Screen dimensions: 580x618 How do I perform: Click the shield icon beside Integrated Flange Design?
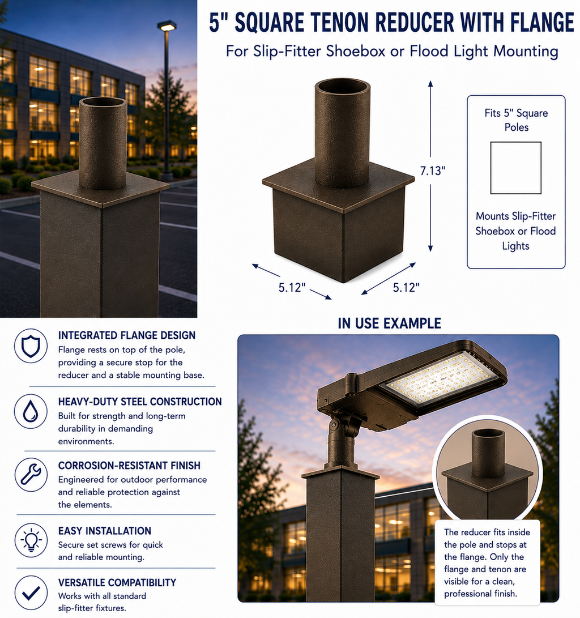(31, 346)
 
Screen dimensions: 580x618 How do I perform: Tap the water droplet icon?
(31, 411)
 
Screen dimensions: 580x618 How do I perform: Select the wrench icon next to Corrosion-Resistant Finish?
(31, 475)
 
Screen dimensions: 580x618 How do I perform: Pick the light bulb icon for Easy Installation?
(31, 540)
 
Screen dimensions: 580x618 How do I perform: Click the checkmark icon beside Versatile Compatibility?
(31, 593)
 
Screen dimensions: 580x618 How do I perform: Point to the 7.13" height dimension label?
(433, 171)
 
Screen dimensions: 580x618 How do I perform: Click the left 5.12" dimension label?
(292, 288)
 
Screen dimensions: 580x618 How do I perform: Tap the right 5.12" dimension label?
(406, 288)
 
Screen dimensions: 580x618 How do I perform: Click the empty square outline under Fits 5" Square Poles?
(516, 168)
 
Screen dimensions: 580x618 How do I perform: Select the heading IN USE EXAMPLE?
(389, 323)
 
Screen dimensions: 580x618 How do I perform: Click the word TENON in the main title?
(341, 23)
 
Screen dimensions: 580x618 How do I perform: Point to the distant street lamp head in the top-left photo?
(167, 26)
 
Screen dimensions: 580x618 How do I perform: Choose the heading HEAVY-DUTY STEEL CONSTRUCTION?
(140, 402)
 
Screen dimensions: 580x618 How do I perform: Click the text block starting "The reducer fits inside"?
(487, 562)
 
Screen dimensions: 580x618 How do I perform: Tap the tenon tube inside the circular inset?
(488, 453)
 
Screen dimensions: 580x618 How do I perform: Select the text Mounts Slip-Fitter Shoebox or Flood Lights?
(516, 231)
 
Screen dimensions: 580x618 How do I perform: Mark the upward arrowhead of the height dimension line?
(430, 84)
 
